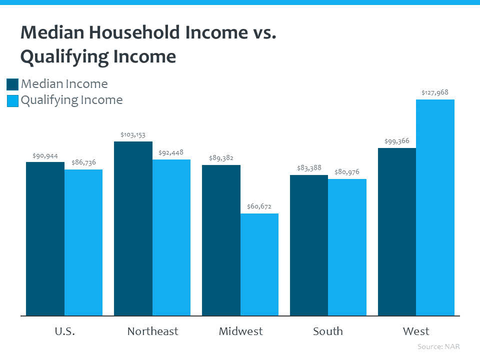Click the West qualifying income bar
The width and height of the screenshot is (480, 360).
click(435, 207)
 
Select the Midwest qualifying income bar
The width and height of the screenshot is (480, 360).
click(259, 264)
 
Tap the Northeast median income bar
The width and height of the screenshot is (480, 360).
click(133, 228)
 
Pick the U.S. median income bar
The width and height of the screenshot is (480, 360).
click(45, 239)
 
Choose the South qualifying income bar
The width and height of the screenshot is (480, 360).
click(347, 247)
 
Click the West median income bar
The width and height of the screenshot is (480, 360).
click(397, 231)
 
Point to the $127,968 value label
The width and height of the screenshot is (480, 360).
click(435, 92)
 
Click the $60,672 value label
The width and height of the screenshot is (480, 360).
click(259, 206)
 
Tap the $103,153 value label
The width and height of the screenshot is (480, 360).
click(133, 134)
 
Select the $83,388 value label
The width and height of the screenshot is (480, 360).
click(309, 168)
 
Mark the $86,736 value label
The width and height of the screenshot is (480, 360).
click(83, 162)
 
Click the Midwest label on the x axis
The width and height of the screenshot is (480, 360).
click(240, 331)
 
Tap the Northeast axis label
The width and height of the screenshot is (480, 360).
click(152, 331)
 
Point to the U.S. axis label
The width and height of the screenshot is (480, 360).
click(64, 331)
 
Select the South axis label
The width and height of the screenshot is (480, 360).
click(328, 331)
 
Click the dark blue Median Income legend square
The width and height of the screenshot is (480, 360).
click(12, 84)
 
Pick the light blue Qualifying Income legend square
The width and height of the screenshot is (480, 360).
click(12, 100)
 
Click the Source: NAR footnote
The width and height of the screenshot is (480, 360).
click(438, 346)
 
